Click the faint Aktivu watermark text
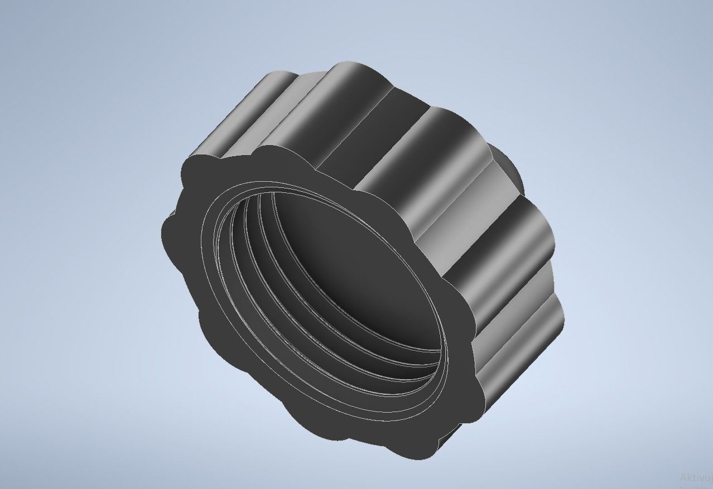[695, 477]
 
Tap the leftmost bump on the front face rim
[167, 234]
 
